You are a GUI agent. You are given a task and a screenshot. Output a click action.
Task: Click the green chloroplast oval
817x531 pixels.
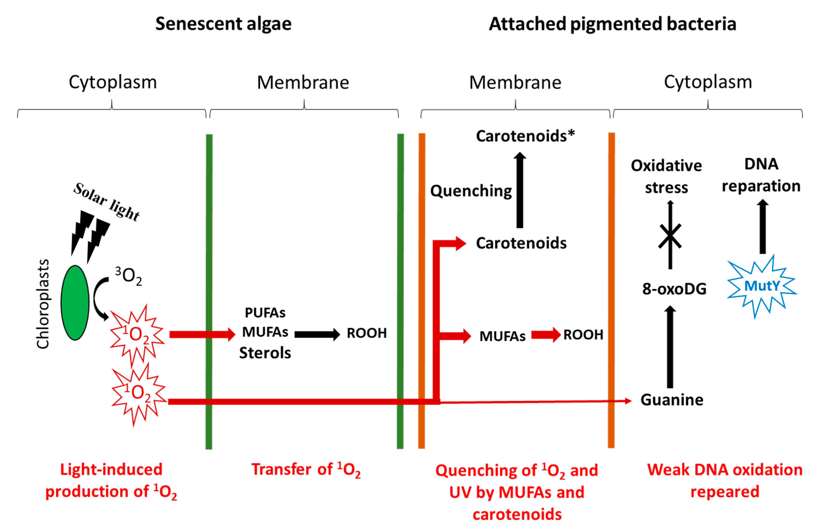click(75, 302)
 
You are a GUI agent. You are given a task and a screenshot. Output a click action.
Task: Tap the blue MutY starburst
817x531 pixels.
click(761, 286)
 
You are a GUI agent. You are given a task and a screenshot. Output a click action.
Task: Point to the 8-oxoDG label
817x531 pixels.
click(674, 289)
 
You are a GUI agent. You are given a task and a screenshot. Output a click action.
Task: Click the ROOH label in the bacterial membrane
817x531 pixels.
click(583, 334)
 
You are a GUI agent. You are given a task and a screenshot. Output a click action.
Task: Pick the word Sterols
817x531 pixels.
click(265, 353)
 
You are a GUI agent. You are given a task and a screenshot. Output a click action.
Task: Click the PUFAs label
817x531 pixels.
click(265, 313)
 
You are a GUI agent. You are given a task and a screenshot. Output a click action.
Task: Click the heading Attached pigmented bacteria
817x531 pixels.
click(612, 24)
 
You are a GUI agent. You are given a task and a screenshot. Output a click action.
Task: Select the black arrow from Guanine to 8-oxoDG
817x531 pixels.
click(670, 347)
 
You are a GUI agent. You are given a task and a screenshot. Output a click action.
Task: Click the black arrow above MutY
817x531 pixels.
click(762, 227)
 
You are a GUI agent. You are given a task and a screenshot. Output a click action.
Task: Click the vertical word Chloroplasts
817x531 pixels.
click(43, 304)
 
